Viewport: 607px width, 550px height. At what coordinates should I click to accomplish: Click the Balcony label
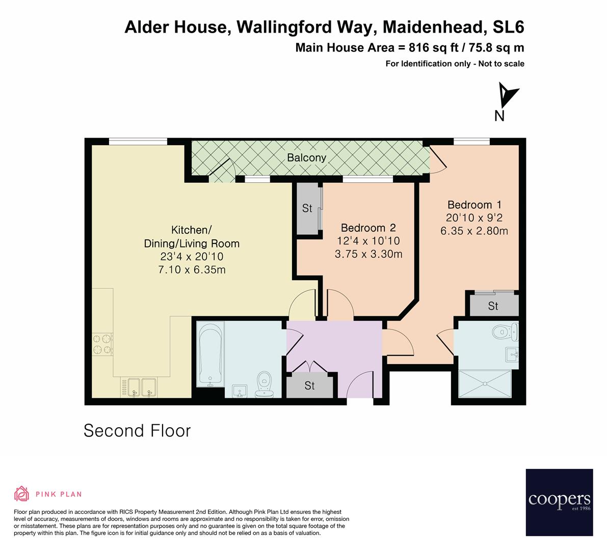coord(306,158)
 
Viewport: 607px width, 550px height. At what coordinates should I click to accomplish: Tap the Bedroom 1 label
coord(474,205)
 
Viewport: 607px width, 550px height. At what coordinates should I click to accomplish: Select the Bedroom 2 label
coord(368,228)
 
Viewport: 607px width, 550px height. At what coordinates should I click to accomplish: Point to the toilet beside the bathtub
coord(264,383)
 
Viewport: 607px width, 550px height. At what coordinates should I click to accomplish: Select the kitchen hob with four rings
coord(102,344)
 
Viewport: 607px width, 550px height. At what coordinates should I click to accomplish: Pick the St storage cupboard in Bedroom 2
coord(307,208)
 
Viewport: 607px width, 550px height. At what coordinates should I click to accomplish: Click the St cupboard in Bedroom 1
coord(493,306)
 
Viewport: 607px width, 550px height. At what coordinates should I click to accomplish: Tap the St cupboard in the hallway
coord(310,386)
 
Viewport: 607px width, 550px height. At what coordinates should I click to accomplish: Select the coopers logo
coord(559,502)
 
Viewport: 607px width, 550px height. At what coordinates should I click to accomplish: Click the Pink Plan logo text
coord(59,494)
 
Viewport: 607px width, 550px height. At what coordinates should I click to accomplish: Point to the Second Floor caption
coord(137,431)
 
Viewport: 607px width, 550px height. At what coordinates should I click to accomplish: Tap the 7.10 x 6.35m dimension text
coord(192,270)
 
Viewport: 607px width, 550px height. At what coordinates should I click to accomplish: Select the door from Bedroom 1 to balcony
coord(437,159)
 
